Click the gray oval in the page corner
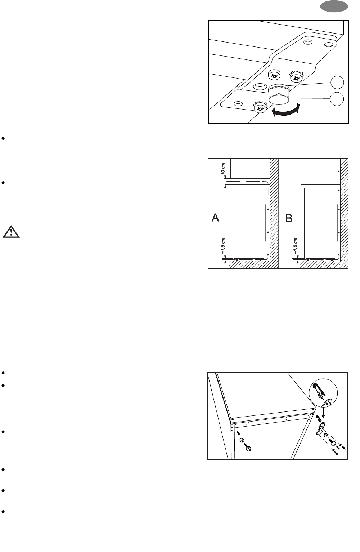click(x=334, y=6)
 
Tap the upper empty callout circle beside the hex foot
click(x=337, y=83)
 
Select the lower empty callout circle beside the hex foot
click(x=337, y=99)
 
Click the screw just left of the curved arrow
click(x=260, y=107)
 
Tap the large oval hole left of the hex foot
click(x=260, y=86)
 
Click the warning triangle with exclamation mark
click(x=11, y=232)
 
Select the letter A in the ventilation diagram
click(x=215, y=218)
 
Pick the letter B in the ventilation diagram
click(x=289, y=218)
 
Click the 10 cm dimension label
click(x=223, y=169)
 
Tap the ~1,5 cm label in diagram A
click(x=223, y=246)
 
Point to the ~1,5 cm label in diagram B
click(x=296, y=246)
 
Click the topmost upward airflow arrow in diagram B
click(x=339, y=177)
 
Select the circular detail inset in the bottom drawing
click(x=323, y=392)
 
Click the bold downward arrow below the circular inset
click(x=323, y=413)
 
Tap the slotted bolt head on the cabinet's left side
click(x=248, y=448)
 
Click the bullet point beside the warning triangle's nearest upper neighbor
click(x=3, y=183)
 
